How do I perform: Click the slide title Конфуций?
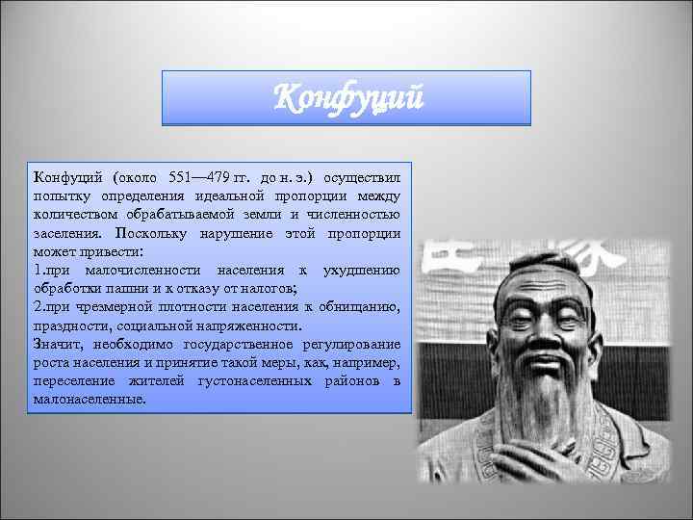click(346, 98)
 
